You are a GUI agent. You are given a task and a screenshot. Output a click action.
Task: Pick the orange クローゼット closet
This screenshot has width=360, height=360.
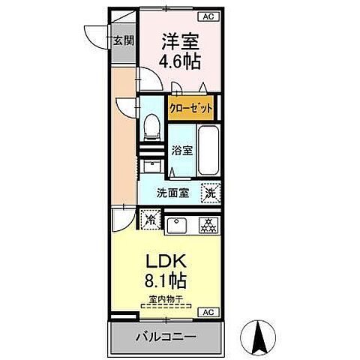click(x=190, y=107)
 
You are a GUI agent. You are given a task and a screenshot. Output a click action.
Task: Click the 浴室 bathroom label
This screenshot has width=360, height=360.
click(x=182, y=149)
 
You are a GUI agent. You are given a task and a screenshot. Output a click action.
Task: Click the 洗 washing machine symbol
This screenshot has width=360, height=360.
click(x=211, y=192)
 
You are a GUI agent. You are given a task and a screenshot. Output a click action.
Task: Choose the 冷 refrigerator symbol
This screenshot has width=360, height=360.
click(x=149, y=220)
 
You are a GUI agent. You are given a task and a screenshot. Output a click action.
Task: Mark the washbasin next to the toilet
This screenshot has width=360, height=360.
click(x=152, y=167)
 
